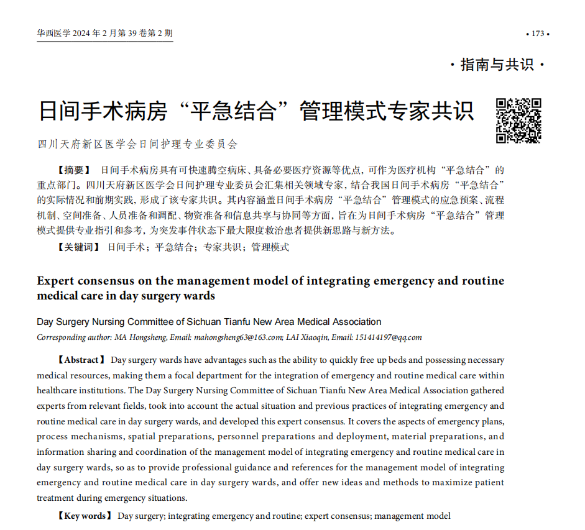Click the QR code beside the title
(518, 121)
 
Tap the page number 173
(538, 34)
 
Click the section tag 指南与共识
(497, 65)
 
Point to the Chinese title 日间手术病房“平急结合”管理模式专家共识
(256, 111)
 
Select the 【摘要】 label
(73, 170)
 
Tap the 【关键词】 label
(78, 247)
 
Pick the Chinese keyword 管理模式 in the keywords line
(270, 247)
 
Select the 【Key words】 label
(84, 516)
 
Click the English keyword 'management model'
(412, 516)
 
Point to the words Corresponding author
(73, 337)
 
